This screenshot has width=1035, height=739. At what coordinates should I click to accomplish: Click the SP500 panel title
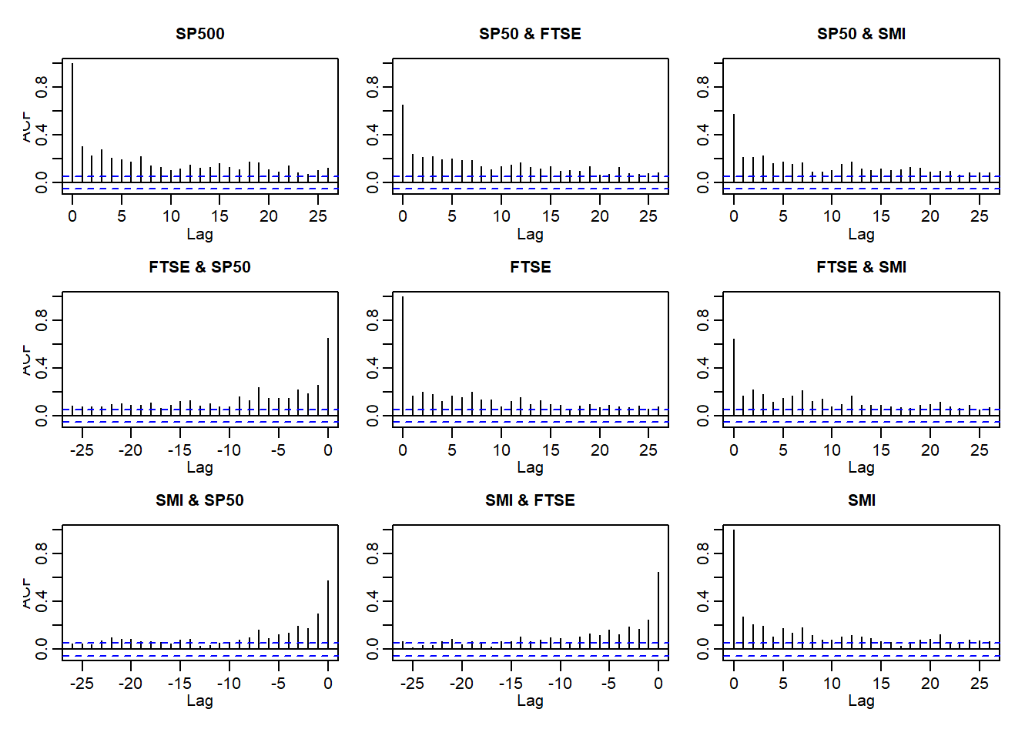click(x=199, y=34)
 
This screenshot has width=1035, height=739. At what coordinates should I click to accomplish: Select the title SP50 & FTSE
click(x=530, y=34)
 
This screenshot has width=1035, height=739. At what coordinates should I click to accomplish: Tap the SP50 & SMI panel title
click(x=861, y=34)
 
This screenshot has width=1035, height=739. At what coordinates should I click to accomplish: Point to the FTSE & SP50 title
click(x=199, y=267)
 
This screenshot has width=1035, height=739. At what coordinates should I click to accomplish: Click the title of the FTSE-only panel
click(x=530, y=267)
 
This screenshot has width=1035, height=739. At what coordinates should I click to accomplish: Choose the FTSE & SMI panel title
click(x=861, y=267)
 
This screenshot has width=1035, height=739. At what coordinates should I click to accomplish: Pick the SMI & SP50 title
click(x=199, y=500)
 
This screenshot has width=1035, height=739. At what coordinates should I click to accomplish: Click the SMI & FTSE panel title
click(x=530, y=500)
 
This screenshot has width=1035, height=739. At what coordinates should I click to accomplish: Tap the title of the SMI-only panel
click(x=861, y=500)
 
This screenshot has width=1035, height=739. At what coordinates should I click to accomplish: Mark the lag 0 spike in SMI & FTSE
click(x=658, y=608)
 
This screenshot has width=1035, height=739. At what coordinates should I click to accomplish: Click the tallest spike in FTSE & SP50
click(x=328, y=377)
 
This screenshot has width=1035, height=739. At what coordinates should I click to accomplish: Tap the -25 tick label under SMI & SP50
click(x=82, y=684)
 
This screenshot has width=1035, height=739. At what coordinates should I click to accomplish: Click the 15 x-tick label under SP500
click(x=219, y=216)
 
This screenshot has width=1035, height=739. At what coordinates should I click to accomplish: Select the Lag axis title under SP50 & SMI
click(x=861, y=234)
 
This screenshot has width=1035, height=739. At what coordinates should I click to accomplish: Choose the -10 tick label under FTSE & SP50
click(x=229, y=450)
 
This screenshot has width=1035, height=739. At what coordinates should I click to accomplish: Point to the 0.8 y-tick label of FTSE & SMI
click(x=703, y=319)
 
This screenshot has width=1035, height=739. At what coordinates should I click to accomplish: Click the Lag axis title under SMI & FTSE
click(x=530, y=701)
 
